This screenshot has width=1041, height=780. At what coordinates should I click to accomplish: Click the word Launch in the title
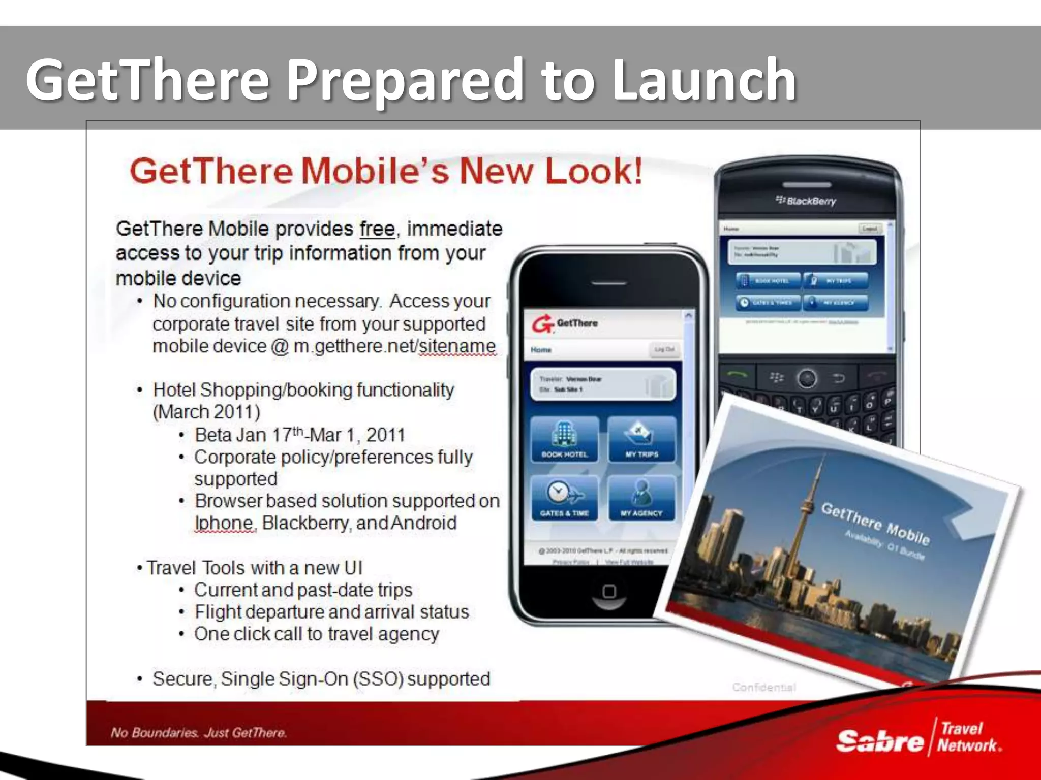[705, 80]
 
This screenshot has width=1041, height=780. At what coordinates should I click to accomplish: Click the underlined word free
[377, 229]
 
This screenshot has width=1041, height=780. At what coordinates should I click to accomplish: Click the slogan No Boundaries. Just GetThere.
[199, 733]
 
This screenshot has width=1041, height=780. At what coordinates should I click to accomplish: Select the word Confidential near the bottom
[764, 687]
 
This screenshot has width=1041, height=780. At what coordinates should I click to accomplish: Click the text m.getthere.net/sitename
[394, 346]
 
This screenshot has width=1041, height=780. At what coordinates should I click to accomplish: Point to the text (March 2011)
[207, 412]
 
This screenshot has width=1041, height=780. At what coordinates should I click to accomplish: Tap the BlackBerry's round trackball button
[807, 378]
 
